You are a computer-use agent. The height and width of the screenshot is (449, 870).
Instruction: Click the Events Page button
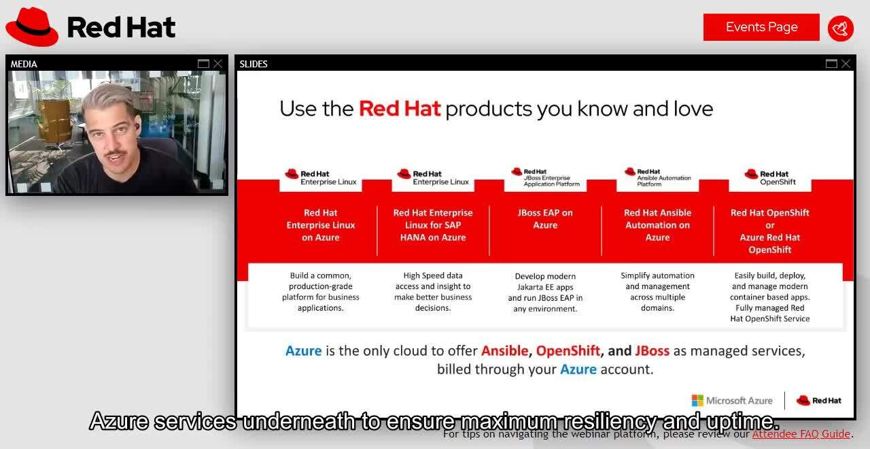coord(761,27)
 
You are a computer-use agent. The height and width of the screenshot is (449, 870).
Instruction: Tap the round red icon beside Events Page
coord(841,29)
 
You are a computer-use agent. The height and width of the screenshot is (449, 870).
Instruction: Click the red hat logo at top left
coord(32,27)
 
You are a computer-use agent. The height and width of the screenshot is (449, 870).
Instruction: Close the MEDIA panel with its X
coord(217,64)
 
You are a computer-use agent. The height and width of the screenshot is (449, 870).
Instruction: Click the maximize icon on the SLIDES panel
coord(831,64)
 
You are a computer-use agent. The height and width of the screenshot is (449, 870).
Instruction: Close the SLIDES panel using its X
coord(846,64)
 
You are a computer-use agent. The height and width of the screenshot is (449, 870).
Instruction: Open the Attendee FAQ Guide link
coord(801,434)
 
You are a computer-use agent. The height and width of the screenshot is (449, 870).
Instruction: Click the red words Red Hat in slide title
coord(400,109)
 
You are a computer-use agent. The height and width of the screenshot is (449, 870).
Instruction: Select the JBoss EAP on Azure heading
coord(545,219)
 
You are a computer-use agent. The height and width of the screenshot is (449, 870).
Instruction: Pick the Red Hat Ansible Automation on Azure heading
coord(657,225)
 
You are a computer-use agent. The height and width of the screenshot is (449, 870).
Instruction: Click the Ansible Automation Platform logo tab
coord(657,178)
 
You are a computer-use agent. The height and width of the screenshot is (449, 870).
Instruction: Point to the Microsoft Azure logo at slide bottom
coord(732,401)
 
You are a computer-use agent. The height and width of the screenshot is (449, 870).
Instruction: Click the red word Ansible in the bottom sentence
coord(504,351)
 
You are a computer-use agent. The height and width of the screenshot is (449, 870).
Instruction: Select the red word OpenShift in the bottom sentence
coord(568,351)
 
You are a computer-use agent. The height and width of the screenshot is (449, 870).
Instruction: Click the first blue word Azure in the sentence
coord(303,351)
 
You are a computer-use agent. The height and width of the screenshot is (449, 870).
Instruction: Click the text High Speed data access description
coord(433,292)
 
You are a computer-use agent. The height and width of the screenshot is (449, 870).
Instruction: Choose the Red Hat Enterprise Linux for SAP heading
coord(433,225)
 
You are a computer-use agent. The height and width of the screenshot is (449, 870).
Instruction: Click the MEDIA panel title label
coord(24,64)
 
